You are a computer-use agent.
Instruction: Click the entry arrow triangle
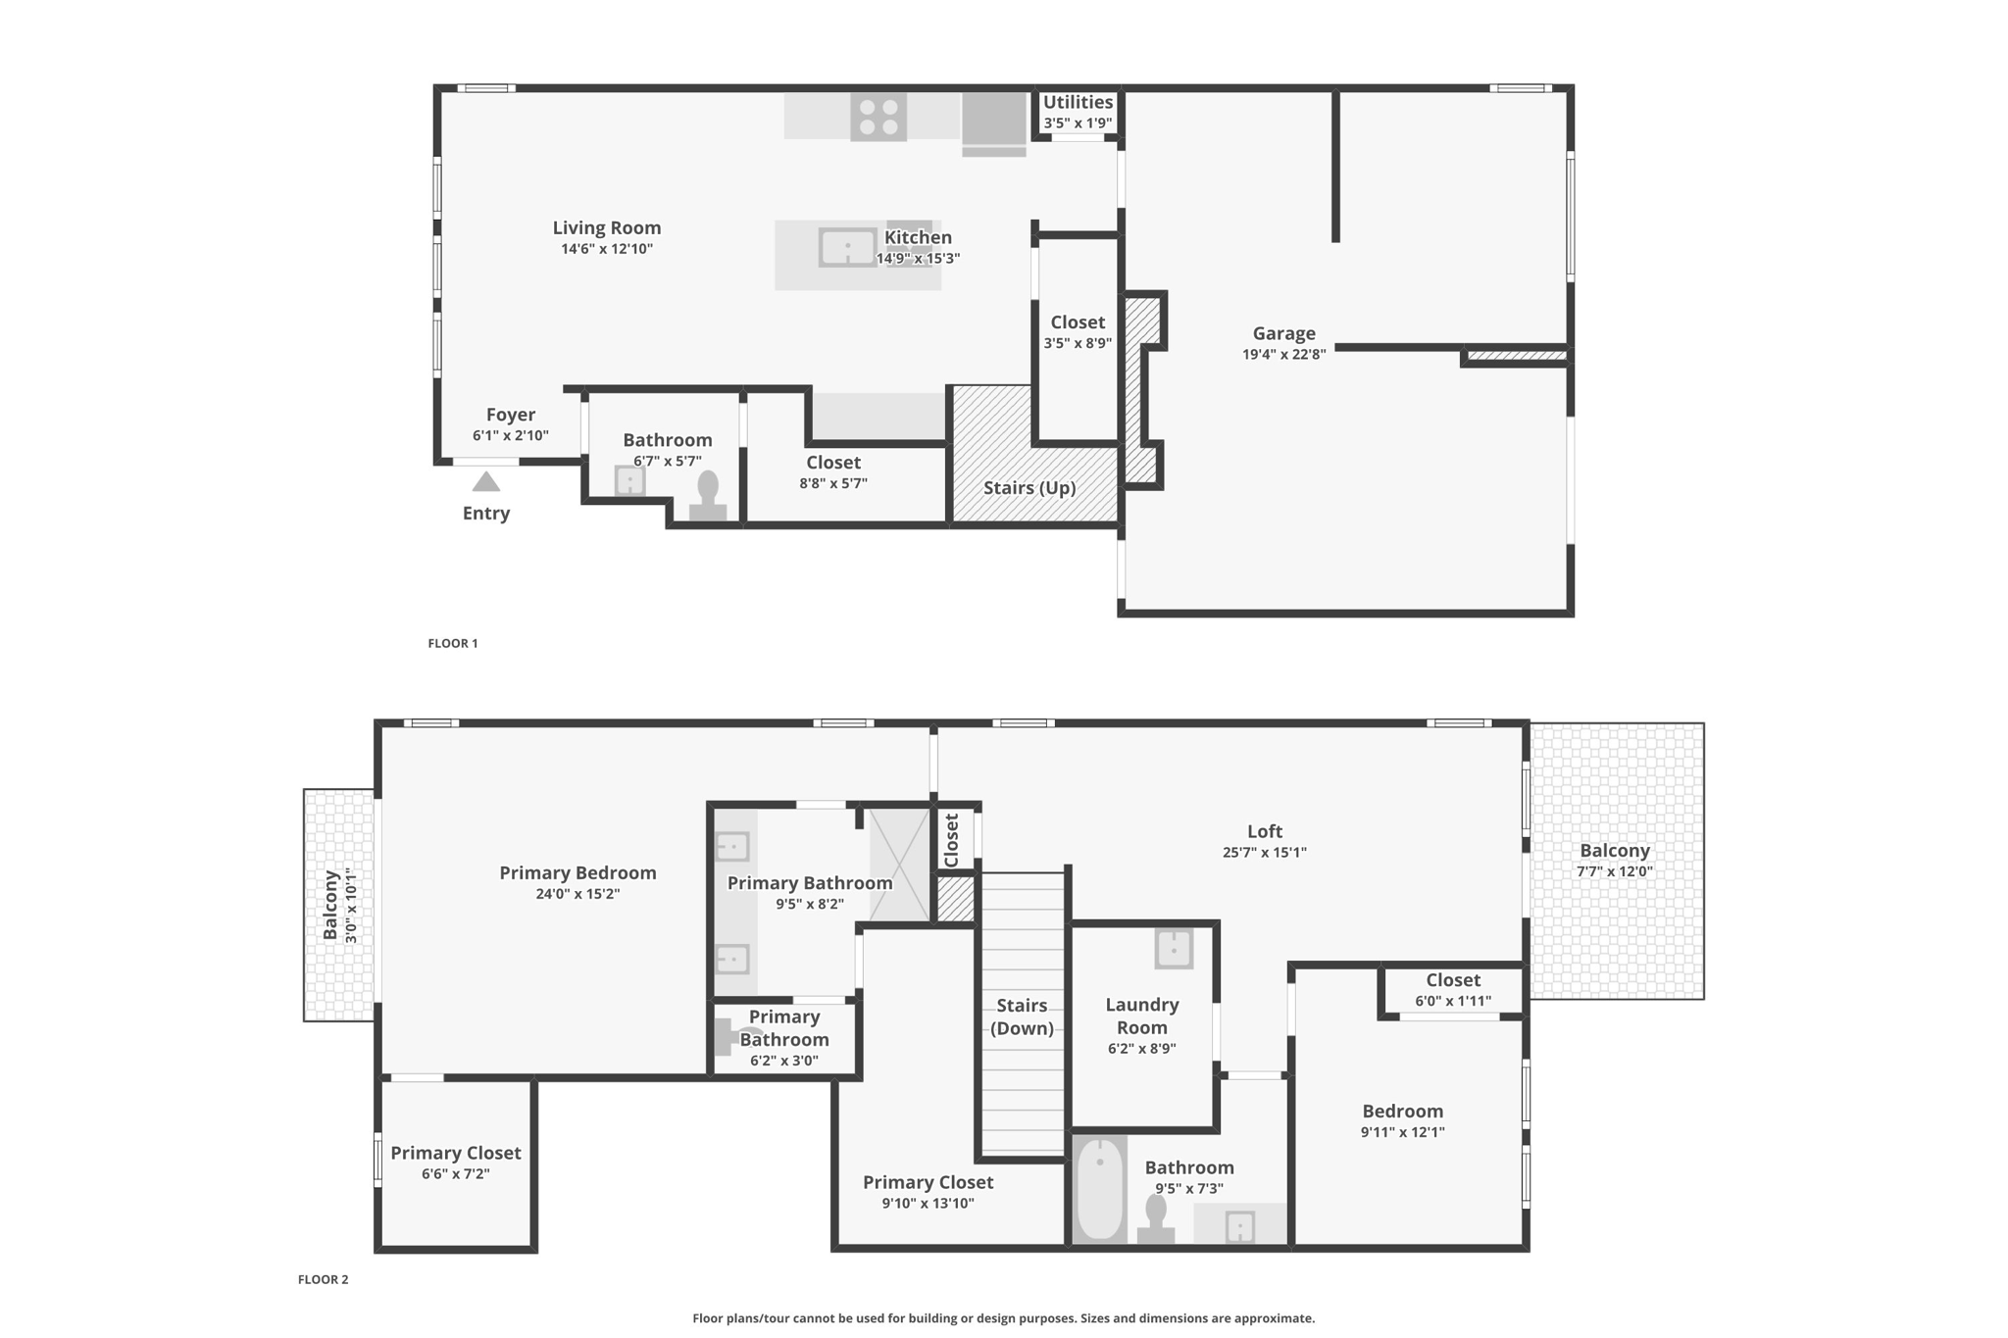point(486,481)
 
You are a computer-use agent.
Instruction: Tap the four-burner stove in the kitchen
point(878,117)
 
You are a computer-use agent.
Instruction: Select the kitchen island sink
point(848,247)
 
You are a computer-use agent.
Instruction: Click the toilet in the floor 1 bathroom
point(708,496)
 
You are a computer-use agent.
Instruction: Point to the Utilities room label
point(1078,102)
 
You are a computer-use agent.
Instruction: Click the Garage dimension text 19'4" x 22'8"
point(1284,355)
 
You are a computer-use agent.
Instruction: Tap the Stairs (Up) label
point(1029,488)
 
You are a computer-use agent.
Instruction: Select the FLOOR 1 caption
point(453,643)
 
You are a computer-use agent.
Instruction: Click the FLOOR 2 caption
point(324,1279)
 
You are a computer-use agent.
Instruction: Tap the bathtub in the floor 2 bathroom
point(1100,1189)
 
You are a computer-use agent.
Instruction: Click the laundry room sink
point(1174,948)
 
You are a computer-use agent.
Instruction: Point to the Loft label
point(1265,831)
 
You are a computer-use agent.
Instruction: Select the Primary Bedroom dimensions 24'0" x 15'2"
point(577,894)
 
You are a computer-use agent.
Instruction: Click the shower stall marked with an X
point(899,865)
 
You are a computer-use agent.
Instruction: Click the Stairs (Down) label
point(1022,1016)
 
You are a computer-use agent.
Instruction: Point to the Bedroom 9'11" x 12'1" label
point(1403,1120)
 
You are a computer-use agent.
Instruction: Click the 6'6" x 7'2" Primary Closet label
point(456,1163)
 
